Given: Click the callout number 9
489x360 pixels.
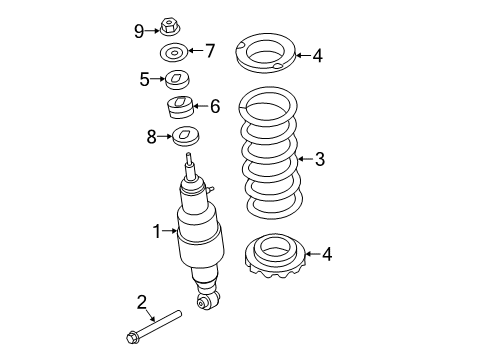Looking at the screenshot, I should click(x=139, y=30).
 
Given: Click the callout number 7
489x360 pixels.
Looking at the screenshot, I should click(x=209, y=49).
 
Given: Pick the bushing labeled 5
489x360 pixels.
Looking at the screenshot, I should click(x=178, y=78).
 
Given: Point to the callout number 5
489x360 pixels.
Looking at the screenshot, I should click(x=145, y=78).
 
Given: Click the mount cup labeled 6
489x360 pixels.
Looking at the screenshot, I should click(x=181, y=107).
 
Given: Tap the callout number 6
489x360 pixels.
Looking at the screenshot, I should click(x=214, y=105).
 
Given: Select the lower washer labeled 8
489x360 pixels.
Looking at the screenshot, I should click(x=187, y=138).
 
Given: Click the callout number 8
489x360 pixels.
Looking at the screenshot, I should click(x=152, y=136).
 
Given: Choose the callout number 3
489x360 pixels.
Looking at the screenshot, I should click(x=320, y=157).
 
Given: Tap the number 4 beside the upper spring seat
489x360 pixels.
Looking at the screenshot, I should click(x=317, y=56).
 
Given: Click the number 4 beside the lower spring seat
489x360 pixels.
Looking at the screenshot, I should click(x=326, y=255).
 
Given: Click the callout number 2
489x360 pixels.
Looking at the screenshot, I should click(x=141, y=302).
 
